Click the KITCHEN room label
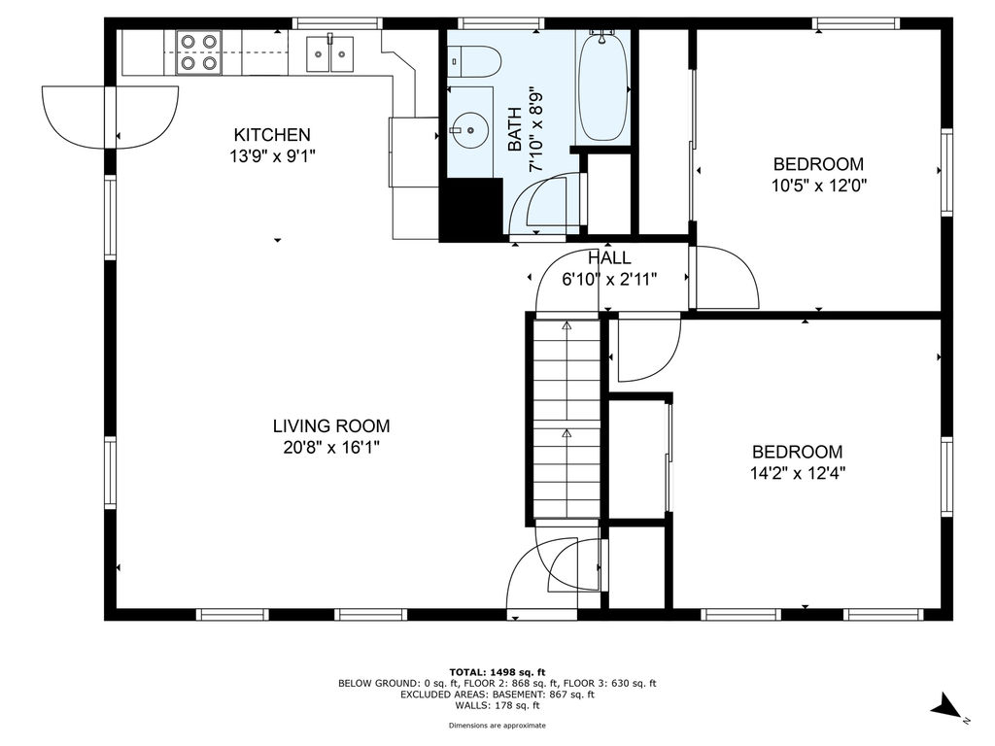pyautogui.click(x=272, y=134)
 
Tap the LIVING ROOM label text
pyautogui.click(x=331, y=425)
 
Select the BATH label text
pyautogui.click(x=515, y=129)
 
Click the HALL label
pyautogui.click(x=609, y=257)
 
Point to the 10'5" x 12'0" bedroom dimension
pyautogui.click(x=818, y=186)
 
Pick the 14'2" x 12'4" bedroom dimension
pyautogui.click(x=798, y=473)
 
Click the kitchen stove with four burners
pyautogui.click(x=199, y=52)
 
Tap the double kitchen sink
pyautogui.click(x=330, y=53)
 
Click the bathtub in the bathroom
pyautogui.click(x=602, y=85)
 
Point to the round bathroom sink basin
pyautogui.click(x=470, y=130)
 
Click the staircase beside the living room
pyautogui.click(x=566, y=419)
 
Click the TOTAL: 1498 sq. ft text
pyautogui.click(x=497, y=672)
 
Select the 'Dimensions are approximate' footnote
pyautogui.click(x=497, y=725)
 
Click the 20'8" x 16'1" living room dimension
pyautogui.click(x=331, y=447)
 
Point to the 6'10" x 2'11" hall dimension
pyautogui.click(x=609, y=279)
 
